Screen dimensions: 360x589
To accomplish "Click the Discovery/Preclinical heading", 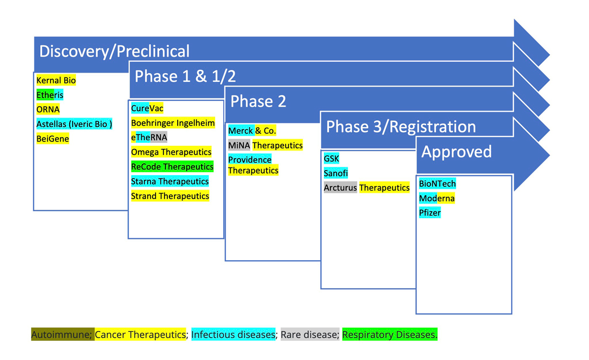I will coord(114,51).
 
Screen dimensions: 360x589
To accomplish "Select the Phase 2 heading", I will coord(258,102).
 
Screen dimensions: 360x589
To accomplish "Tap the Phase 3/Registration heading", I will coord(401,127).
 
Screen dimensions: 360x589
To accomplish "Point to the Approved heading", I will coord(456,152).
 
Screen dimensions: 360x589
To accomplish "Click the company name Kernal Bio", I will coord(56,81).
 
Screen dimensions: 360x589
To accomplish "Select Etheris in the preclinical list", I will coord(50,95).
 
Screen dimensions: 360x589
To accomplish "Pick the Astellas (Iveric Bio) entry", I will coord(74,124).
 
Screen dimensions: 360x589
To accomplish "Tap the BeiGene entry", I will coord(53,139).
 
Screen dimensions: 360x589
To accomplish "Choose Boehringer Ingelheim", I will coord(173,123).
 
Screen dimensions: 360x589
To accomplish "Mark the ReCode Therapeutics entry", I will coord(172,167).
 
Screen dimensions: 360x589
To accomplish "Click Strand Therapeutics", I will coord(170,196).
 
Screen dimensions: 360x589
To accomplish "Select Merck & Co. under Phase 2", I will coord(252,131).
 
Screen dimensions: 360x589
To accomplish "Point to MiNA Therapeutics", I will coord(265,145).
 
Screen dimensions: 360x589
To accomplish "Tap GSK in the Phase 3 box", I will coord(331,159).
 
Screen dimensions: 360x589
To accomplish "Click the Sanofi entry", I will coord(336,173).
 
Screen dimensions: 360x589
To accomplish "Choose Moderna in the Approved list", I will coord(436,198).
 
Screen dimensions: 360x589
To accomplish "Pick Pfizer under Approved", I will coord(430,213).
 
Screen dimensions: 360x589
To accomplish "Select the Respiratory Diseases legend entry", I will coord(389,335).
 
